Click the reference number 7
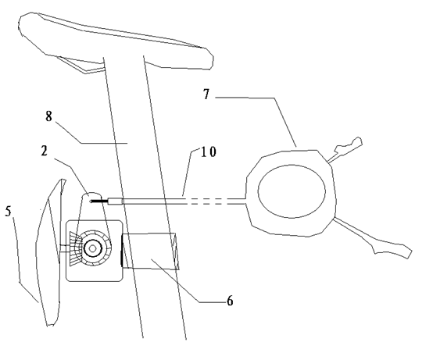pyautogui.click(x=207, y=94)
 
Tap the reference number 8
pyautogui.click(x=48, y=116)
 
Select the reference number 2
pyautogui.click(x=45, y=151)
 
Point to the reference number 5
pyautogui.click(x=9, y=212)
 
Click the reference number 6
pyautogui.click(x=230, y=300)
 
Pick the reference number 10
pyautogui.click(x=208, y=151)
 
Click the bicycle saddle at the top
pyautogui.click(x=116, y=41)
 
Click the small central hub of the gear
pyautogui.click(x=93, y=249)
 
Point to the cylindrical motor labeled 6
pyautogui.click(x=150, y=251)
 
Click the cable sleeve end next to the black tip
pyautogui.click(x=115, y=201)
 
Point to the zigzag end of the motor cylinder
pyautogui.click(x=176, y=251)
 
